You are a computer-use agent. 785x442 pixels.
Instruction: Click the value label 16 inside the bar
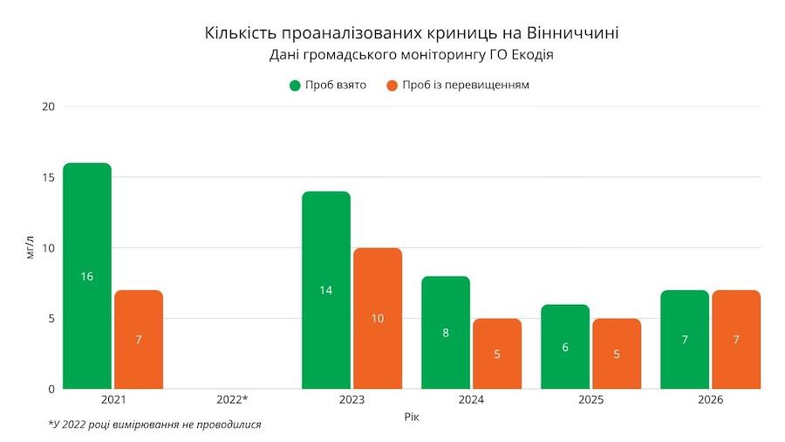coord(87,277)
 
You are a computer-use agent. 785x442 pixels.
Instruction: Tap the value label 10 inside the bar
coord(378,319)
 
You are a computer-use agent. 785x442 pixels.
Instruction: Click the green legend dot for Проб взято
coord(295,86)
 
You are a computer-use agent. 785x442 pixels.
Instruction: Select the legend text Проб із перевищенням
coord(466,86)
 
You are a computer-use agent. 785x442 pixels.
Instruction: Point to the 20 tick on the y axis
coord(49,107)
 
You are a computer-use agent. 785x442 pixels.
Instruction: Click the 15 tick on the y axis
coord(49,177)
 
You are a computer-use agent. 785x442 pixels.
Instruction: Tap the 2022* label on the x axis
coord(232,400)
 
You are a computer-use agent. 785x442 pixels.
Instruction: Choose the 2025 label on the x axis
coord(590,400)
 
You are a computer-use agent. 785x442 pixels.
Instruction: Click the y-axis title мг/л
coord(31,247)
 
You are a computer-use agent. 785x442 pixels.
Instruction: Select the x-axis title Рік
coord(412,418)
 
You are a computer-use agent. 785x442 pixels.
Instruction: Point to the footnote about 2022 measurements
coord(154,425)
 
